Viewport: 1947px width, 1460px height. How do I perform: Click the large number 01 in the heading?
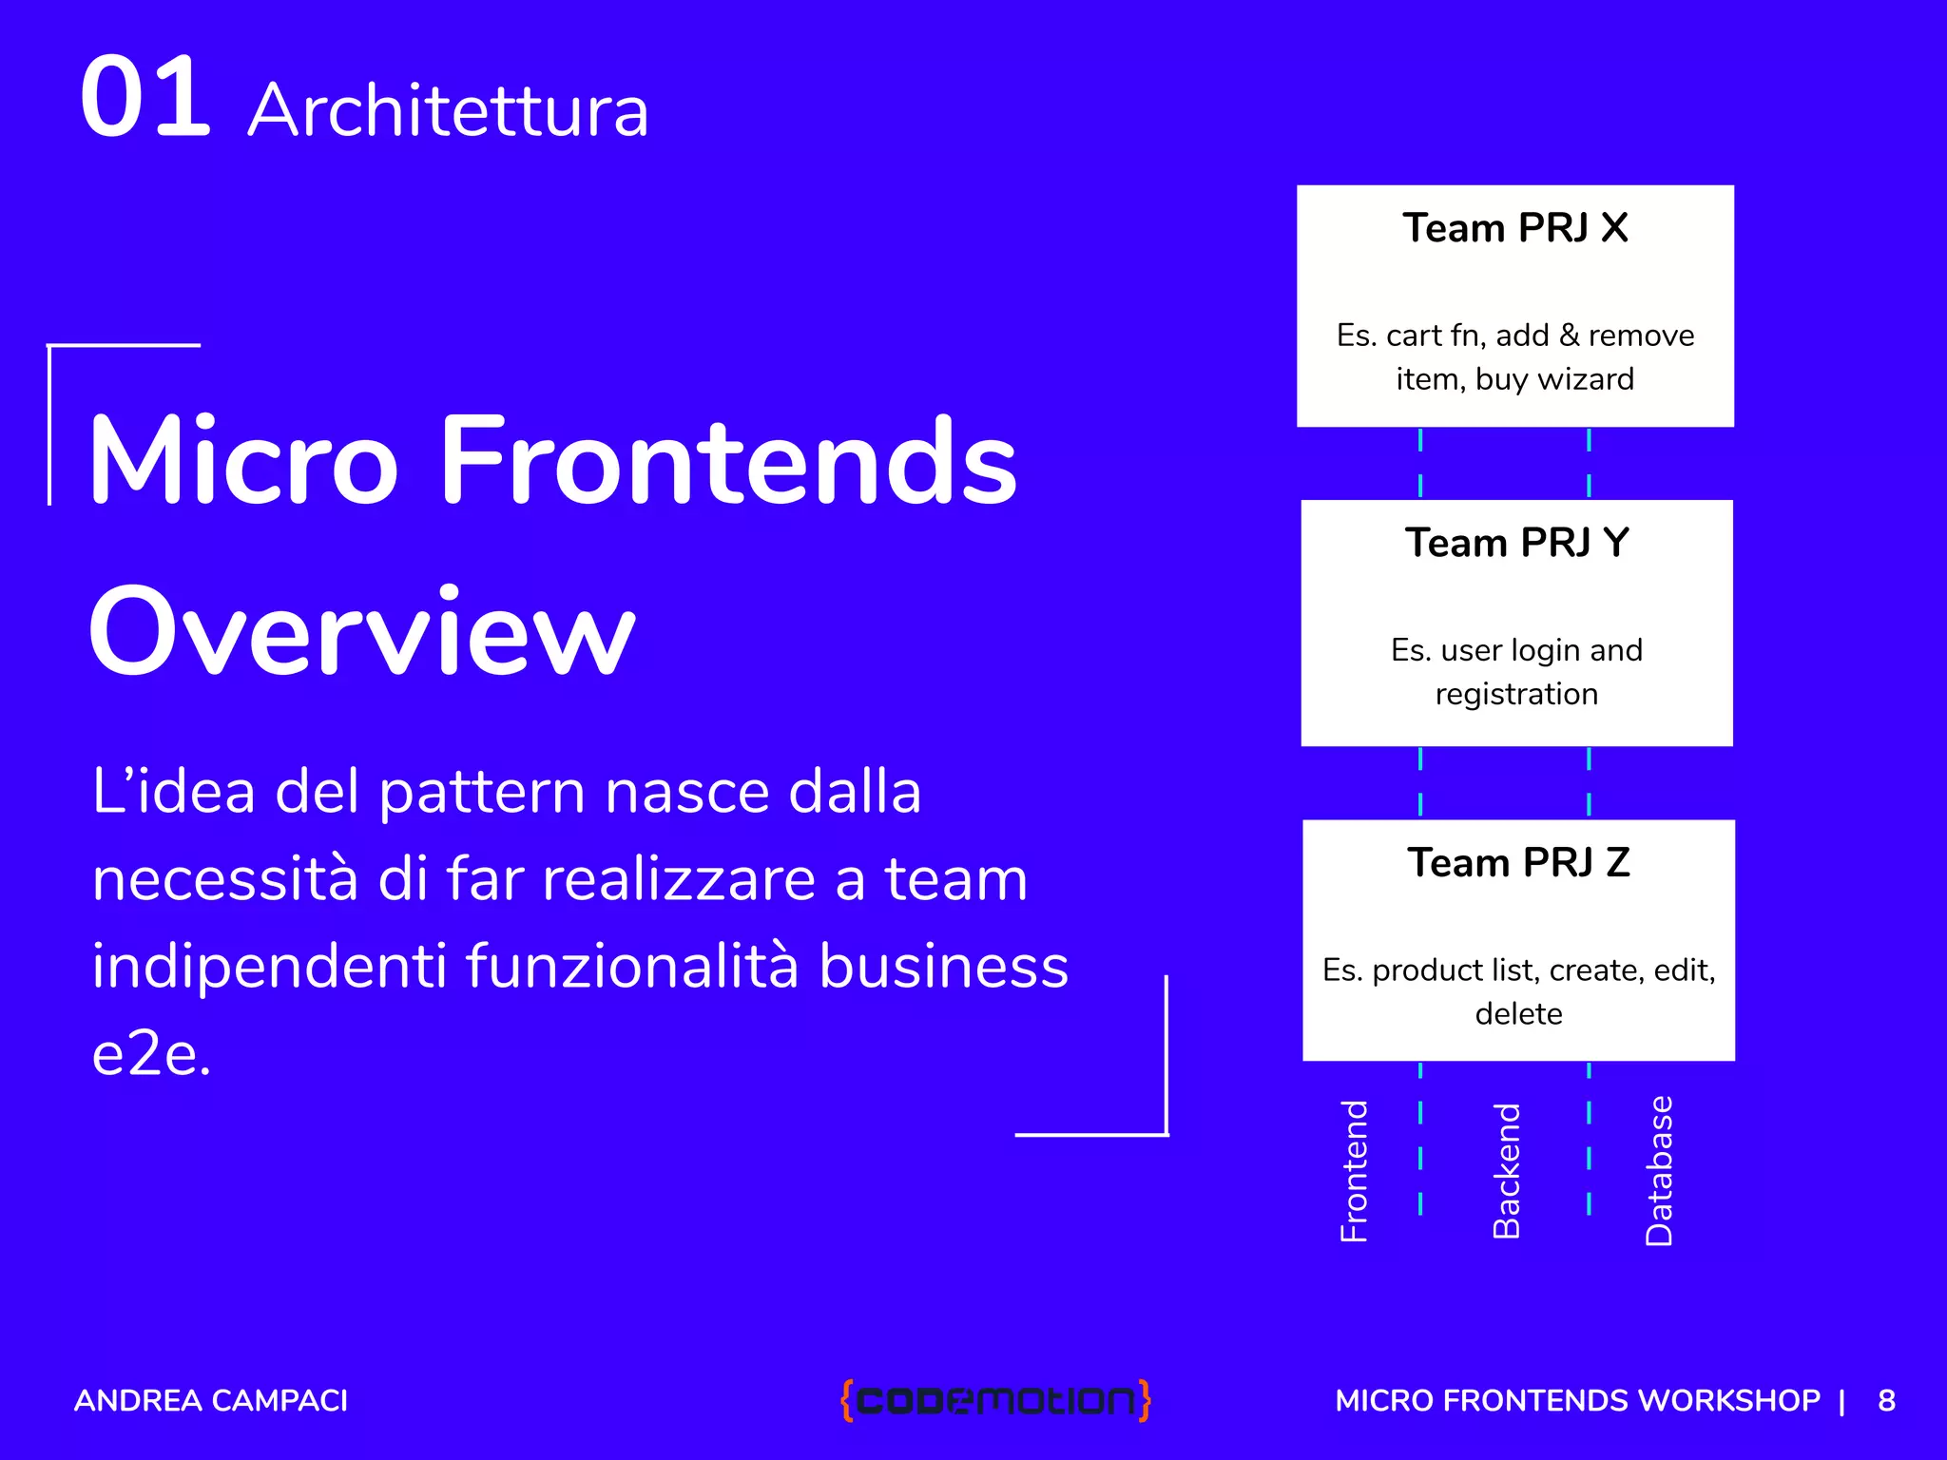pos(145,98)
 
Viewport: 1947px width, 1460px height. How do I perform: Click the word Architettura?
pos(448,111)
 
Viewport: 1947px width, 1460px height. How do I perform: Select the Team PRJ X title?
pos(1515,228)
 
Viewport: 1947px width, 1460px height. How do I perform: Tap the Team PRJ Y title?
pos(1517,543)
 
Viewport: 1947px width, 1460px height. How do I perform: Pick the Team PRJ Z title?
pos(1518,863)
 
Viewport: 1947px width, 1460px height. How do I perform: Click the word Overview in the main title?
pos(361,631)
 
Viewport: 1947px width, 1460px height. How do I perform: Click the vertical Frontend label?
pos(1354,1171)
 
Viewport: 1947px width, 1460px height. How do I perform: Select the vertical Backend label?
pos(1507,1171)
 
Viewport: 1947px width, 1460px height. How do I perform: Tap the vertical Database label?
pos(1659,1171)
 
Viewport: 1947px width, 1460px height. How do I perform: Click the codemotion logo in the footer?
pos(995,1400)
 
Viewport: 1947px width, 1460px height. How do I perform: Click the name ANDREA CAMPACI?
pos(211,1401)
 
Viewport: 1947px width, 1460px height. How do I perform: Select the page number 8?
pos(1886,1401)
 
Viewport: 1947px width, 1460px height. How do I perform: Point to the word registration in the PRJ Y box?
pos(1516,694)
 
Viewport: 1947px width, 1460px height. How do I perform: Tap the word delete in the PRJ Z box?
pos(1518,1014)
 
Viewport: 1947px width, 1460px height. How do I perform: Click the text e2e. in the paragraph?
pos(151,1055)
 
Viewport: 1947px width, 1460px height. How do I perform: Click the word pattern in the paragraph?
pos(482,793)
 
